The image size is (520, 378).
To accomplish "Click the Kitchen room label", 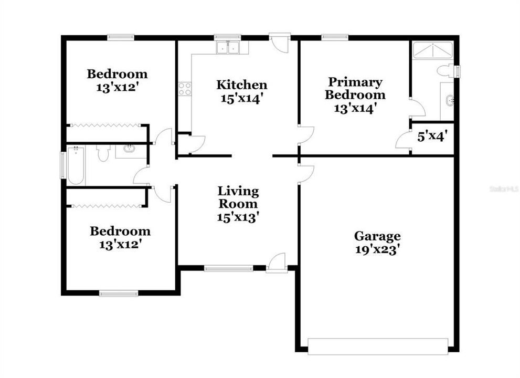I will [x=242, y=85].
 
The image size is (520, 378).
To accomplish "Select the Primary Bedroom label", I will [x=355, y=88].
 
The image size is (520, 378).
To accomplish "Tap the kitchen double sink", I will [x=228, y=48].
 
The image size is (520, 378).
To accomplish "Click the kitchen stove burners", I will [x=185, y=89].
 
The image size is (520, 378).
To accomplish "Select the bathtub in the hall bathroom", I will [x=76, y=165].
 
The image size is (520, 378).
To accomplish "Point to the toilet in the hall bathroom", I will [x=103, y=152].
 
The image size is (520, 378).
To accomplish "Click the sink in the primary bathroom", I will [x=450, y=100].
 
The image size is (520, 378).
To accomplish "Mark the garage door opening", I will [x=377, y=346].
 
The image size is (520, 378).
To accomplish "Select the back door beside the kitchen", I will [x=280, y=42].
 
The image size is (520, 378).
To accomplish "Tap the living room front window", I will [x=228, y=269].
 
